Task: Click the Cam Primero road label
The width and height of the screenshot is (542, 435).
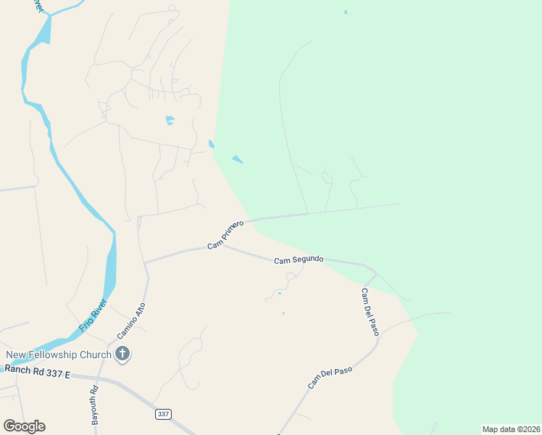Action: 225,236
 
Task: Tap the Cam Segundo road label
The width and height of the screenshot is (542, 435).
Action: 299,259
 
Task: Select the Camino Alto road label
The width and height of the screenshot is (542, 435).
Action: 131,321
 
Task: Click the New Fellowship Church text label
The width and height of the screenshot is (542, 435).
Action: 59,355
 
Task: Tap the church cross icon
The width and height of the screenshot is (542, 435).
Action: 122,355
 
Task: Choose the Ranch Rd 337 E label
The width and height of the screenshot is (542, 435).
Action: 37,370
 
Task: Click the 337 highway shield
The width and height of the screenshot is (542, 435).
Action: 163,414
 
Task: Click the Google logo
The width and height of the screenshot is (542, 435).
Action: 24,426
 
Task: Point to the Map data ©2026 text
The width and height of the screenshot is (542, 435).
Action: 511,428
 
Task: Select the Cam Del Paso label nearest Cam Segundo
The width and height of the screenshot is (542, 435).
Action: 370,311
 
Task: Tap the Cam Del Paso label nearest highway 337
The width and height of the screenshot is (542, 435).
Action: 330,377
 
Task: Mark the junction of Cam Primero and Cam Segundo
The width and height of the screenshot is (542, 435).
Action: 222,245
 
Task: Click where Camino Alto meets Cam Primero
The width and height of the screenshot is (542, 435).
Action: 145,262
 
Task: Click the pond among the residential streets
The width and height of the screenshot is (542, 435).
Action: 170,120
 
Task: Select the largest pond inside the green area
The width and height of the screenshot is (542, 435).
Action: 237,159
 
